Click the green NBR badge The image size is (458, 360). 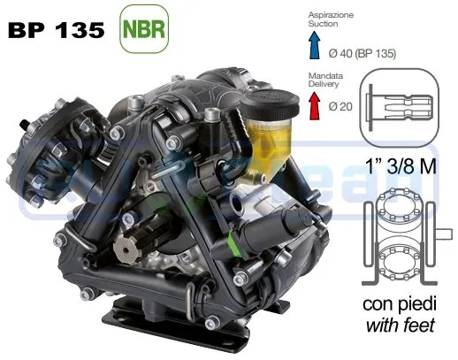pyautogui.click(x=144, y=29)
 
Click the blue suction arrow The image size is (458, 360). pyautogui.click(x=315, y=45)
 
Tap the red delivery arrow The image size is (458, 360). pyautogui.click(x=315, y=105)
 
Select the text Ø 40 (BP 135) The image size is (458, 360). pyautogui.click(x=363, y=53)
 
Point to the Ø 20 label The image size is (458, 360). pyautogui.click(x=340, y=106)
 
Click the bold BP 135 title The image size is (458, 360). pyautogui.click(x=57, y=30)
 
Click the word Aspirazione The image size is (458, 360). pyautogui.click(x=331, y=15)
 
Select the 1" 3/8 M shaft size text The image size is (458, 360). pyautogui.click(x=401, y=166)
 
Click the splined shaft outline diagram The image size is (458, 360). pyautogui.click(x=400, y=107)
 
